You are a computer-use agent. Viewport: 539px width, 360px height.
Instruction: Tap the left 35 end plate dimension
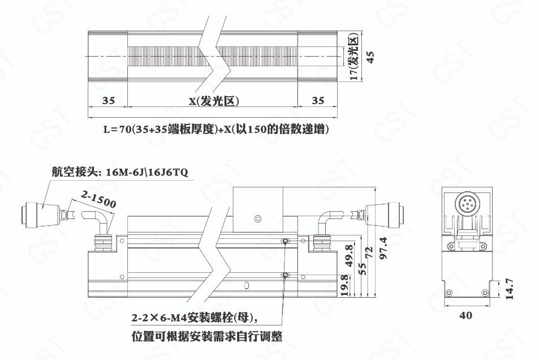tap(108, 101)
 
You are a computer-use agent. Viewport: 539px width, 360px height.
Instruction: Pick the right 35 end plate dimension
tap(318, 101)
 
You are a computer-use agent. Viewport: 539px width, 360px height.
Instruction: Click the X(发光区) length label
tap(213, 101)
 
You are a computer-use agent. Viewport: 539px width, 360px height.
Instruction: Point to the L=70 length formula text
tap(216, 130)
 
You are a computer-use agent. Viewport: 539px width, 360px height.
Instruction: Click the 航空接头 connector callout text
tap(120, 172)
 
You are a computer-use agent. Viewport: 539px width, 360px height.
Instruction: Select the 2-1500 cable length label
tap(98, 199)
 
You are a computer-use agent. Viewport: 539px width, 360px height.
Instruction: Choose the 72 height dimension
tap(369, 253)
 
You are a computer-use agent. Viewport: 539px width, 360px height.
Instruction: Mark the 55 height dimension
tap(362, 269)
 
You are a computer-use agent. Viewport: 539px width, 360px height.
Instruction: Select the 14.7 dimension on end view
tap(510, 289)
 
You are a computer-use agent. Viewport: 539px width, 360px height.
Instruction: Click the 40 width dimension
tap(466, 315)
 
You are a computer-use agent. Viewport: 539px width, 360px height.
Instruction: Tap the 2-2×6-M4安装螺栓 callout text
tap(194, 318)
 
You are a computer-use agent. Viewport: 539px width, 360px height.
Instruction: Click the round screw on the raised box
tap(258, 218)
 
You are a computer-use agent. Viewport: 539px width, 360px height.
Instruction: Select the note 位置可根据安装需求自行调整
tap(207, 336)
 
